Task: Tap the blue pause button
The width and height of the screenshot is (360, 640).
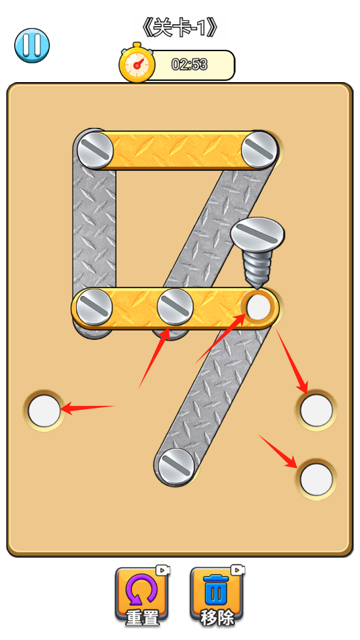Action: click(32, 45)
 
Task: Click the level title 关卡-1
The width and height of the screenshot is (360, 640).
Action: click(180, 28)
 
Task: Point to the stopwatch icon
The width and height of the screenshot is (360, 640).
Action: click(137, 63)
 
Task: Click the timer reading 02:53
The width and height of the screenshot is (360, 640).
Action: click(189, 65)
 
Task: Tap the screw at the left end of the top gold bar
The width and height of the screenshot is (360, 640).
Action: click(95, 149)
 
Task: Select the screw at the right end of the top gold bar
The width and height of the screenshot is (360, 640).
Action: click(259, 149)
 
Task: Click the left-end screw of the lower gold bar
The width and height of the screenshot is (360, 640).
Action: click(94, 308)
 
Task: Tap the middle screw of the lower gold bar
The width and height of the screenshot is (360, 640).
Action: click(175, 308)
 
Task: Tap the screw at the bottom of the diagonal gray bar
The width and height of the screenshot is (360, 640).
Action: click(176, 466)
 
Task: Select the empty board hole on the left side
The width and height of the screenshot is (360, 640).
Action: click(44, 411)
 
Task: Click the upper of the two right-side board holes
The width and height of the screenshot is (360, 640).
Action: click(316, 411)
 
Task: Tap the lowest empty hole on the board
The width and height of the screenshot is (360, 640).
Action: click(316, 479)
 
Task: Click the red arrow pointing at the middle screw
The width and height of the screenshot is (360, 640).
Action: click(155, 357)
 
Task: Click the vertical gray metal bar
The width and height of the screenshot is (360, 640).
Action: click(94, 229)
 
